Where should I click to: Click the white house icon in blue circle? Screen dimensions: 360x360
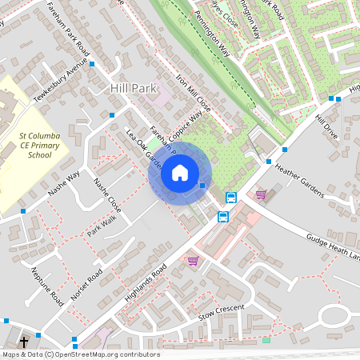point(180,172)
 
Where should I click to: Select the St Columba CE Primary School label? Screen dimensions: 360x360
point(39,147)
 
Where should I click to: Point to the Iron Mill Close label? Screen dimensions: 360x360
point(193,93)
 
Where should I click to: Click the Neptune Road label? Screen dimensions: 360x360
point(48,286)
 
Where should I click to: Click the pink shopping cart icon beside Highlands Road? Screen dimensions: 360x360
point(193,260)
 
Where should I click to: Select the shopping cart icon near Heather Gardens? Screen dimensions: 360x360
point(261,194)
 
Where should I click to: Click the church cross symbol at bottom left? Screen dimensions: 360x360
point(24,341)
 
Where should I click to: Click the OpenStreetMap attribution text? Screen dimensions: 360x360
point(80,354)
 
